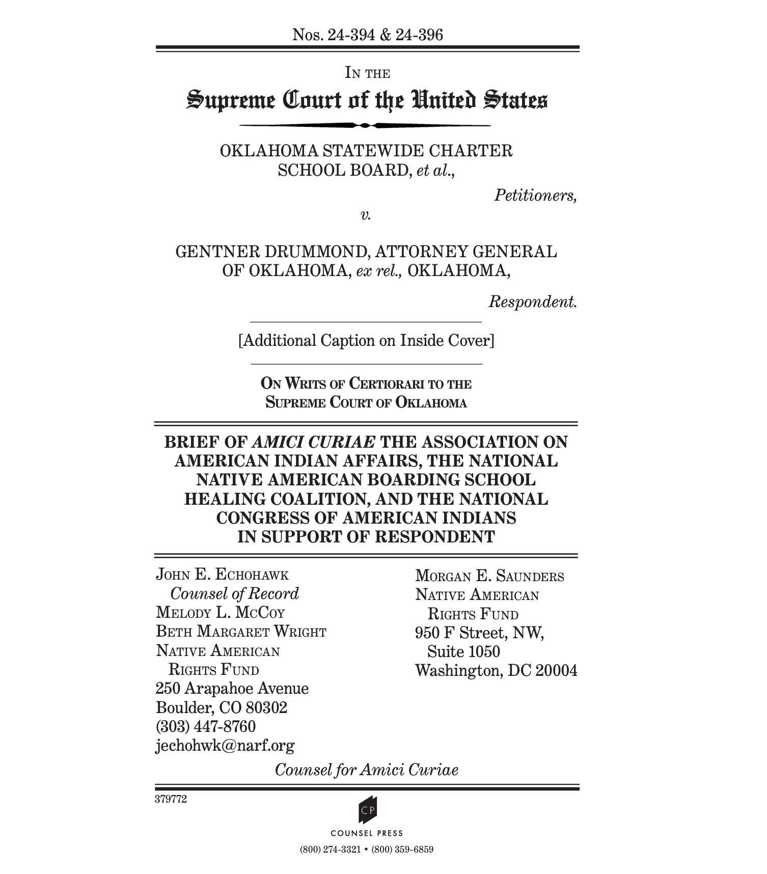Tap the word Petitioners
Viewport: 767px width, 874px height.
[x=535, y=195]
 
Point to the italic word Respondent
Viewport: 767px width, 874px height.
[x=533, y=302]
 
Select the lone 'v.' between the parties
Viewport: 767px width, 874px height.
[x=366, y=215]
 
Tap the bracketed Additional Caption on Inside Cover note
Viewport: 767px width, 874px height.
[x=366, y=340]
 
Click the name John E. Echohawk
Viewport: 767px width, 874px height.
[x=222, y=575]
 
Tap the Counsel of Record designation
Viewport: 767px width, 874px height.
[x=234, y=593]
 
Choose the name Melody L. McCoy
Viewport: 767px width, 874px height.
[x=220, y=612]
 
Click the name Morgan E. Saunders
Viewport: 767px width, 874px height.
[x=489, y=576]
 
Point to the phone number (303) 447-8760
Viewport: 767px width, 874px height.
[x=205, y=726]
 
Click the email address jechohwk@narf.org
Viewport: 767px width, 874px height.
[x=225, y=746]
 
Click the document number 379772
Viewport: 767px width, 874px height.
[x=171, y=799]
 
